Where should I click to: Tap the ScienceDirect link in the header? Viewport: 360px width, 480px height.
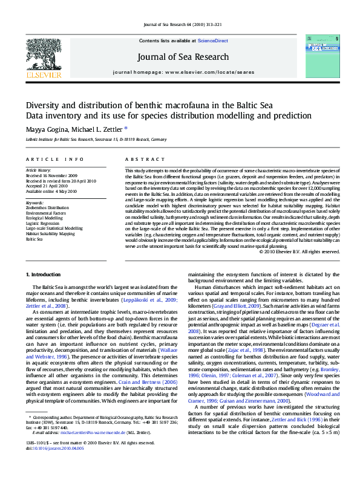coord(213,40)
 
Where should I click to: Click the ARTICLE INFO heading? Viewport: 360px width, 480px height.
coord(54,160)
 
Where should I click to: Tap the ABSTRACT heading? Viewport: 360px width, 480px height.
coord(140,160)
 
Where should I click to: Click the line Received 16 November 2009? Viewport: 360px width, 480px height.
coord(52,176)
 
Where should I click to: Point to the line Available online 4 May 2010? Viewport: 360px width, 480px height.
coord(51,191)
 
